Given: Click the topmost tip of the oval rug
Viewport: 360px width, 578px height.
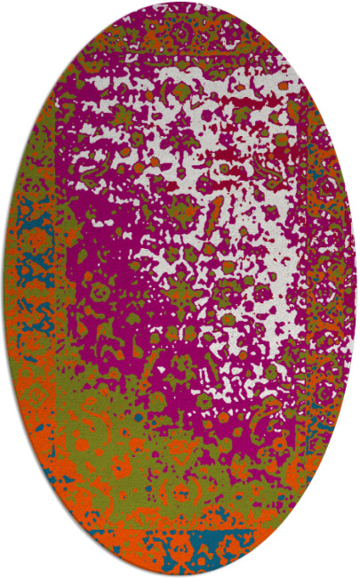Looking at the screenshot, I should (180, 3).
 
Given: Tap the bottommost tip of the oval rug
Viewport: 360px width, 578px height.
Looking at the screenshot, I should (180, 575).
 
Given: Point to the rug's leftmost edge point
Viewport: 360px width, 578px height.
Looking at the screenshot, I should (4, 289).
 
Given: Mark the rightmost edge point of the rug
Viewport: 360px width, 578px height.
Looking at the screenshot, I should (356, 289).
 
